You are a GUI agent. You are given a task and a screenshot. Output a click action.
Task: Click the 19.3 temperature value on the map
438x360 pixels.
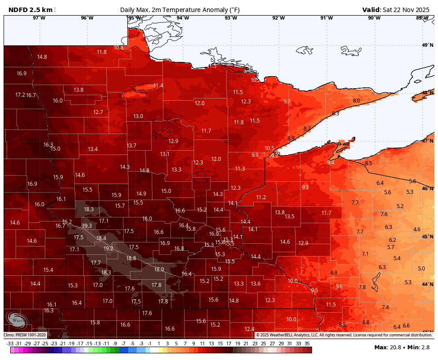87,226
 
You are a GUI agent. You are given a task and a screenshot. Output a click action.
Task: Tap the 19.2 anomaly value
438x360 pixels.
108,249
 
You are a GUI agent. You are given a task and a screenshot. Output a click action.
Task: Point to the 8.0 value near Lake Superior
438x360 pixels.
357,101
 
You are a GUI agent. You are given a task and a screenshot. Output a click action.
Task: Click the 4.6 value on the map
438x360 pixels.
417,229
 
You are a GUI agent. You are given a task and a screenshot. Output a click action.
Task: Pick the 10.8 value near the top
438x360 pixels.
118,48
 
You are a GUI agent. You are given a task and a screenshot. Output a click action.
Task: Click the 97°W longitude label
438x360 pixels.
39,18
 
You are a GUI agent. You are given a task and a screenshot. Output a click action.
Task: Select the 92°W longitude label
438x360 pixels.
279,18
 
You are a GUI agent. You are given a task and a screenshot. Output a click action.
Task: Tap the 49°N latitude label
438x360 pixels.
428,45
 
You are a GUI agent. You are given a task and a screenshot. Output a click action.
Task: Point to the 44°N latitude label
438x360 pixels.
428,284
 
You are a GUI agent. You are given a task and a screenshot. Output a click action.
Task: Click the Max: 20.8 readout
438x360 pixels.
388,348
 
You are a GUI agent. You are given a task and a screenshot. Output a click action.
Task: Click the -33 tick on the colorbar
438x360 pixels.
10,344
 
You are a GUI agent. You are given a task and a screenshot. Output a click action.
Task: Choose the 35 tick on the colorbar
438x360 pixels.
307,344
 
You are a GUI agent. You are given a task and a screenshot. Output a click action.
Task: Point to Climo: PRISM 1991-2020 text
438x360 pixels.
25,335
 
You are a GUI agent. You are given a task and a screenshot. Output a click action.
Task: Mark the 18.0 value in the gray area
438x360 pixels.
159,270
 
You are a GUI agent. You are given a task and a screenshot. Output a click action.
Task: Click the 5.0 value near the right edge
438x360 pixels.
422,269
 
